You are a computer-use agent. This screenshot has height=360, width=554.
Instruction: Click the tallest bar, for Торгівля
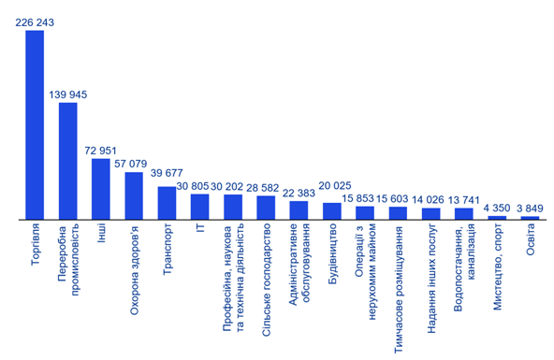pyautogui.click(x=35, y=125)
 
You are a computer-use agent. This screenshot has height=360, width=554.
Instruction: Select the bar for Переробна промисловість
pyautogui.click(x=67, y=161)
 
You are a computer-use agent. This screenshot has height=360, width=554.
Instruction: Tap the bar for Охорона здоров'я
pyautogui.click(x=134, y=195)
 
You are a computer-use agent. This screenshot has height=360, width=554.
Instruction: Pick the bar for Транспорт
pyautogui.click(x=167, y=203)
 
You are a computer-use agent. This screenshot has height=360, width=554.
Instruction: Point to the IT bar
pyautogui.click(x=199, y=207)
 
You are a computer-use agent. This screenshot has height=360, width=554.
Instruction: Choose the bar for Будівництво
pyautogui.click(x=332, y=211)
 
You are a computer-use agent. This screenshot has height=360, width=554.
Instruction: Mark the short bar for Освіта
pyautogui.click(x=530, y=218)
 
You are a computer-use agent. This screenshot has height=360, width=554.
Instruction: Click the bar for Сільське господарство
pyautogui.click(x=266, y=208)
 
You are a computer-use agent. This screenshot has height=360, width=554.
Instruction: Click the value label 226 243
pyautogui.click(x=35, y=22)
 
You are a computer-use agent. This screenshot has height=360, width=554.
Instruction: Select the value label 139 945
pyautogui.click(x=67, y=94)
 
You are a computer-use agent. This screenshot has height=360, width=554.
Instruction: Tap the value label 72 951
pyautogui.click(x=100, y=151)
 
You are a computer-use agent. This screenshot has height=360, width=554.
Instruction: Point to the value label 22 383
pyautogui.click(x=299, y=193)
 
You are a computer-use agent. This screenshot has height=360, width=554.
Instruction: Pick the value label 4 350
pyautogui.click(x=497, y=208)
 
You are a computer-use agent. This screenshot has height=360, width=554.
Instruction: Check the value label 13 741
pyautogui.click(x=464, y=200)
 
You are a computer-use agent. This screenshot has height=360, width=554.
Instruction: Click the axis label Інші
pyautogui.click(x=101, y=233)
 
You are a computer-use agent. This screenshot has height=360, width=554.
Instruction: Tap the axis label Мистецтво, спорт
pyautogui.click(x=498, y=266)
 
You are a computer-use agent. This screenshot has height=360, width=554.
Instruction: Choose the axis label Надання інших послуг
pyautogui.click(x=431, y=279)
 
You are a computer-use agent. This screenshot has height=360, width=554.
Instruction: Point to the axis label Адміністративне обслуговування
pyautogui.click(x=299, y=264)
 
